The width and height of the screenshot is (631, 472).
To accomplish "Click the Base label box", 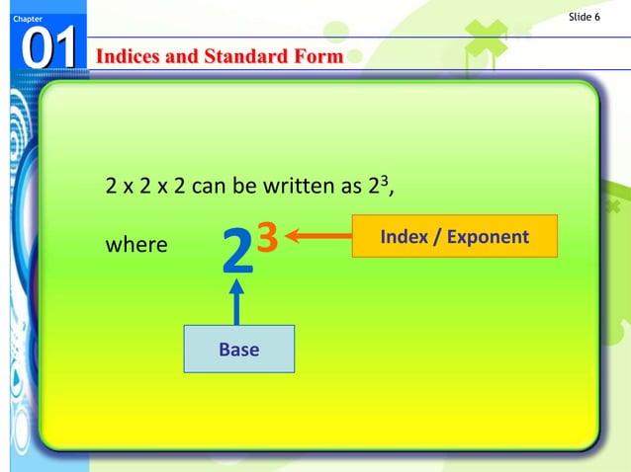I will tap(238, 349).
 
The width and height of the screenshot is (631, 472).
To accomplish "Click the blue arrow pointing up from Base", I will tap(236, 301).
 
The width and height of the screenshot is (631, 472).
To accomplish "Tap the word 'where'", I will tap(136, 244).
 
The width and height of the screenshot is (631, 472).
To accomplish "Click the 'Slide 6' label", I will tap(586, 17).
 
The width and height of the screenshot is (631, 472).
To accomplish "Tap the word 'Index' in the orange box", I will tap(403, 237).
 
